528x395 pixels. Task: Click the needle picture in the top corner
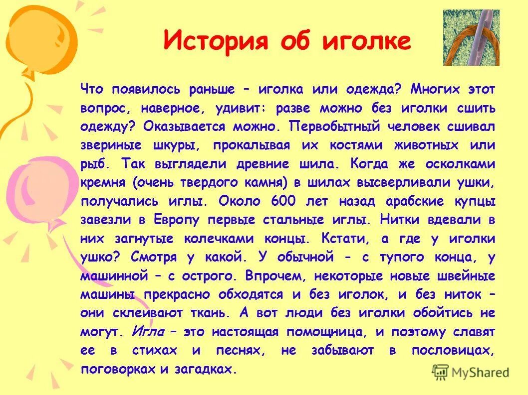click(471, 38)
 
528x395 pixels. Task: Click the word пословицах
click(453, 350)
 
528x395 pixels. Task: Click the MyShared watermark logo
click(472, 372)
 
